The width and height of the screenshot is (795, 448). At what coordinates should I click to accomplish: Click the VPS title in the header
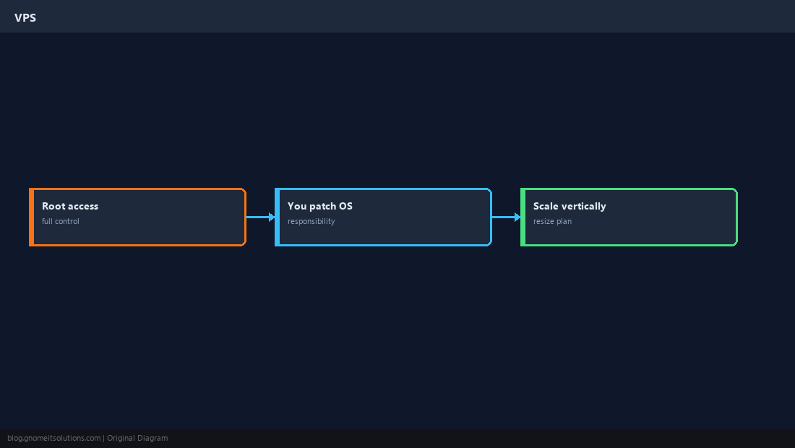[25, 18]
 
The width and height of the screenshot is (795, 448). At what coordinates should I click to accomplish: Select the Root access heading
[70, 206]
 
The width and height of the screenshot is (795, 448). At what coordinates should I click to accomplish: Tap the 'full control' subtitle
[60, 221]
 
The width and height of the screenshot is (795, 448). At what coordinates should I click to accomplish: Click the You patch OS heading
[320, 206]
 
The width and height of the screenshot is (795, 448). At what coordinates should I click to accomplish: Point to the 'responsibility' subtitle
[311, 221]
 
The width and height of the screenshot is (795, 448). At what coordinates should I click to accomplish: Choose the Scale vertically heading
[570, 206]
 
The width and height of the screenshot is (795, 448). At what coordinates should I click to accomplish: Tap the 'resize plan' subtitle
[552, 221]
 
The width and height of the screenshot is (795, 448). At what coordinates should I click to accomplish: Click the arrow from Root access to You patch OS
[261, 217]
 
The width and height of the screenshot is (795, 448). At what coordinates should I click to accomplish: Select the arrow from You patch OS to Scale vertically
[506, 217]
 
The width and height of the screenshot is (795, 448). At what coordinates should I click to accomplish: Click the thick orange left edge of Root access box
[31, 217]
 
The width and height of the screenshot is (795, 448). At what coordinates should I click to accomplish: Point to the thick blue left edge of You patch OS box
[278, 217]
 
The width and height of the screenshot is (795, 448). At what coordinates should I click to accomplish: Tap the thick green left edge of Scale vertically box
[523, 217]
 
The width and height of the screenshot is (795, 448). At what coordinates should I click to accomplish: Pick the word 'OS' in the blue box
[345, 206]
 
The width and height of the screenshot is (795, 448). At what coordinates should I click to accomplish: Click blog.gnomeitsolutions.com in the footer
[53, 439]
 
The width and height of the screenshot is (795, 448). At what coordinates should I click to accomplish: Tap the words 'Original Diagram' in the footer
[137, 439]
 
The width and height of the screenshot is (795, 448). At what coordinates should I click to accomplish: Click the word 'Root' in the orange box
[53, 206]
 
